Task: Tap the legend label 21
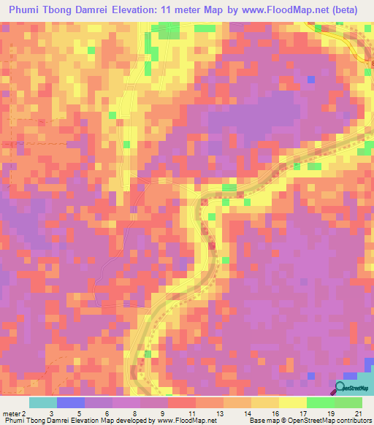point(358,412)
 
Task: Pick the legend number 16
point(275,412)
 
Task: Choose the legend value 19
point(330,412)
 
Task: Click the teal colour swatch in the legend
point(43,402)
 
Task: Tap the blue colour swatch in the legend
point(71,402)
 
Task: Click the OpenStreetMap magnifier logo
point(340,388)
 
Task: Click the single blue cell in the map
point(312,78)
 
